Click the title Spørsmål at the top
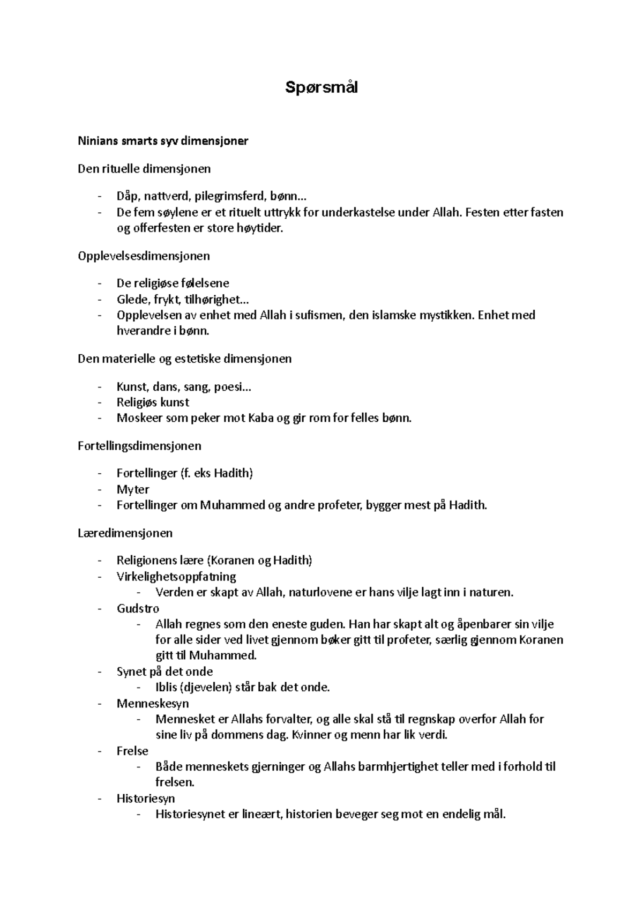[321, 87]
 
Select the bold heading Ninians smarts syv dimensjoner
[163, 141]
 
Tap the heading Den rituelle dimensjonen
[144, 169]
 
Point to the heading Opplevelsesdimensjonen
[144, 256]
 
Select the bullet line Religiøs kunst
[153, 402]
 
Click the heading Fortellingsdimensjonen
[139, 446]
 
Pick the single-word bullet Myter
[133, 489]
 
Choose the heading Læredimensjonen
[125, 533]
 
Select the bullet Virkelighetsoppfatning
[176, 577]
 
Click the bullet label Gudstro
[138, 608]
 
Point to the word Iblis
[166, 687]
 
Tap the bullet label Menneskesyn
[153, 703]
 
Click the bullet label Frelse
[132, 751]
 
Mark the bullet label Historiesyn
[146, 799]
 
